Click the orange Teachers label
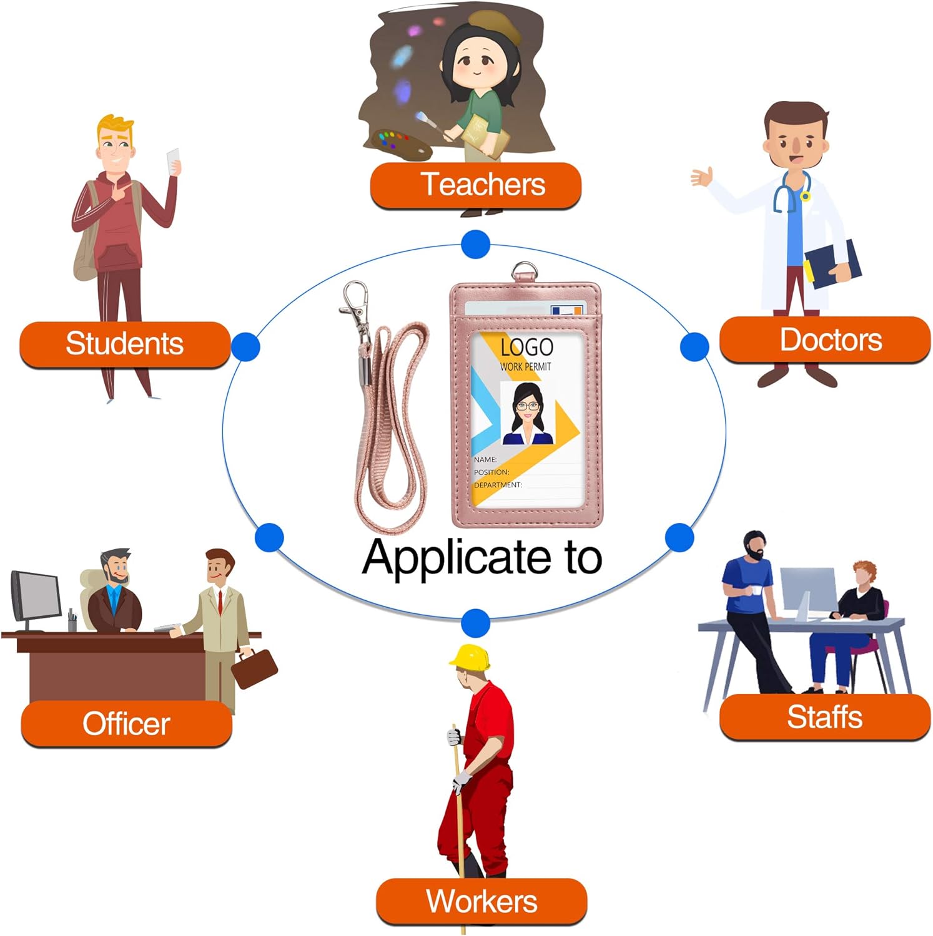click(476, 185)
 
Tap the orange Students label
click(125, 344)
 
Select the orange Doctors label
click(825, 339)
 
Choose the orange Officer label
click(127, 723)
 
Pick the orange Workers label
click(481, 902)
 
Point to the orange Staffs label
click(825, 717)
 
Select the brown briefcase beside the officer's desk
click(254, 668)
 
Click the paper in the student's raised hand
click(173, 161)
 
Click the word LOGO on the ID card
click(526, 347)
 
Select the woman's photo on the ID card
click(528, 414)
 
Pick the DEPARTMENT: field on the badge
click(498, 485)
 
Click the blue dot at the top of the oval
click(476, 244)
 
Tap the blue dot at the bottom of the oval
click(476, 623)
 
